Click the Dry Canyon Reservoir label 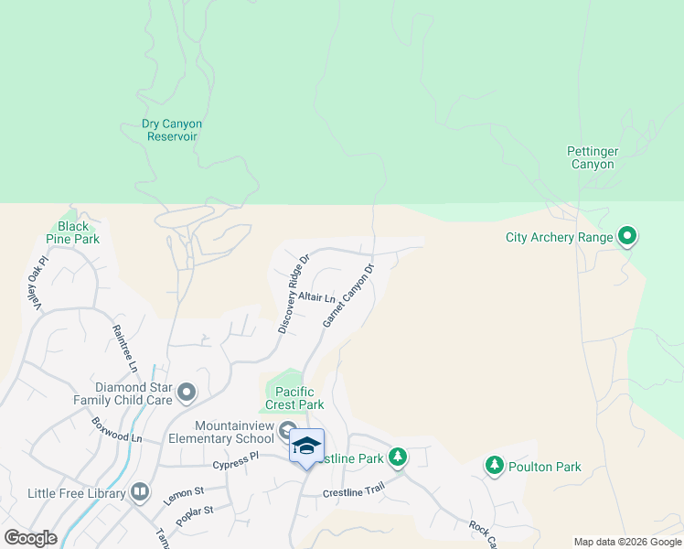pos(172,130)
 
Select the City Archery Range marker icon pos(627,237)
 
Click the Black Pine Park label pos(73,232)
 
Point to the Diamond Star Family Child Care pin pos(187,393)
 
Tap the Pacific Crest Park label pos(294,398)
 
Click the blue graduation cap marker pos(306,446)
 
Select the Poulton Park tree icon pos(495,466)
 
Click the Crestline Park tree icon pos(398,457)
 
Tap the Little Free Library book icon pos(140,493)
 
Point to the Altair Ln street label pos(317,297)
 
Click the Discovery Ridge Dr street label pos(294,293)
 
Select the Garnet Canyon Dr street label pos(348,296)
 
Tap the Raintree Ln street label pos(124,348)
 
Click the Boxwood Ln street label pos(117,430)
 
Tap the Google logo pos(30,538)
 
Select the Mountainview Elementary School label pos(234,432)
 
